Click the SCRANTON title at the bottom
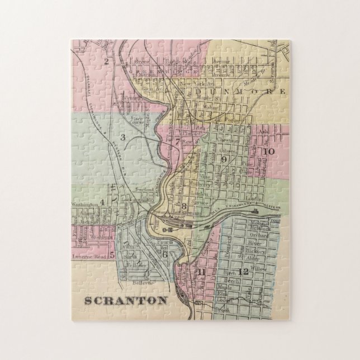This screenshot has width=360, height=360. tap(125, 300)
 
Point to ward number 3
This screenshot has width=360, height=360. tap(121, 137)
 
